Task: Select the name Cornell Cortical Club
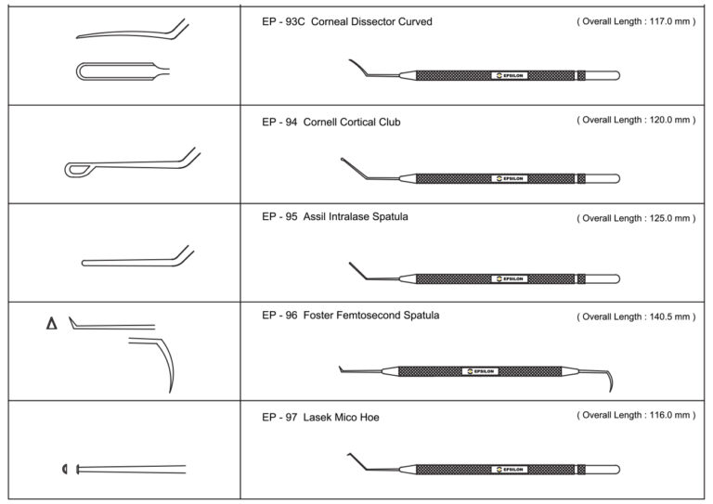tap(352, 122)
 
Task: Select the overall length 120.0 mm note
tap(635, 120)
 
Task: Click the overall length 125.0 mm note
tap(635, 218)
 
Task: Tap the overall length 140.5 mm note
tap(635, 317)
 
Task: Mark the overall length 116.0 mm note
tap(635, 416)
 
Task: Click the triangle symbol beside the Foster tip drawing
tap(51, 323)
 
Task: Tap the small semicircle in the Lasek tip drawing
tap(64, 468)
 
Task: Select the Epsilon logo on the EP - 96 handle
tap(480, 371)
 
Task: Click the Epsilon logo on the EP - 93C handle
tap(510, 75)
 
